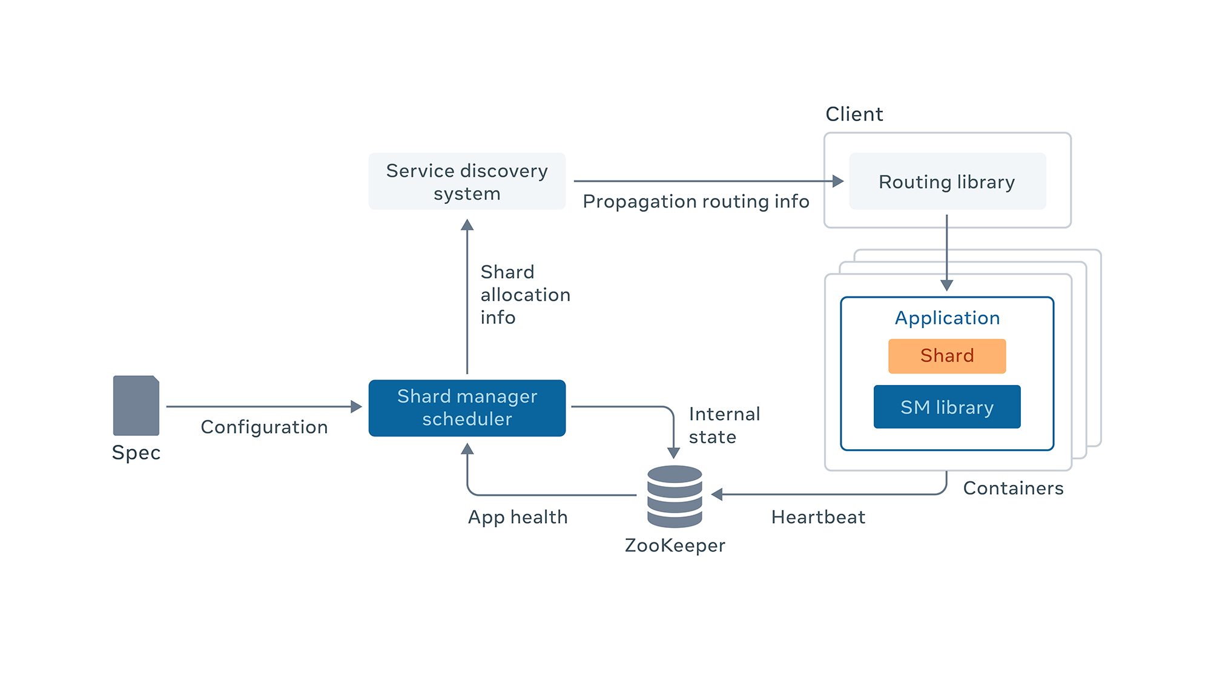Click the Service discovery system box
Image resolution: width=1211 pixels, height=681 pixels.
point(467,182)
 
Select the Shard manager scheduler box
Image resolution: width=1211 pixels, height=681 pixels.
point(467,407)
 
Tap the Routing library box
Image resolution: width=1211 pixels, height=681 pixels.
point(947,182)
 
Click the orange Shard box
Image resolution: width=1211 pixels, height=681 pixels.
point(947,355)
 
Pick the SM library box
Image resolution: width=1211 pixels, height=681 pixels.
point(947,407)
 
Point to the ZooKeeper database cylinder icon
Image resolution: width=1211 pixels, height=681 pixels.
point(675,496)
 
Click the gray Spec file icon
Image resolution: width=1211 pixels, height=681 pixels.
point(136,406)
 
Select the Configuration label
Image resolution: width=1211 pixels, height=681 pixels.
point(264,427)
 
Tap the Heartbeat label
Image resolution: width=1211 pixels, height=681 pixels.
point(818,517)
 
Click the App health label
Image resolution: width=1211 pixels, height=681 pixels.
point(518,517)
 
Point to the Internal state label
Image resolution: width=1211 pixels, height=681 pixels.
point(724,425)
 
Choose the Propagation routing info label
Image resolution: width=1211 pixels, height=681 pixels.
point(696,201)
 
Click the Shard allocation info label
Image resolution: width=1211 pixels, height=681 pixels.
point(525,294)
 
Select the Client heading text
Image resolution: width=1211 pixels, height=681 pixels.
point(854,114)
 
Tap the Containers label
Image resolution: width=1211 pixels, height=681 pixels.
point(1013,488)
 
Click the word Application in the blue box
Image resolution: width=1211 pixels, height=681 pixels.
point(947,318)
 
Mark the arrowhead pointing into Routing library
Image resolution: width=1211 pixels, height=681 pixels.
point(838,181)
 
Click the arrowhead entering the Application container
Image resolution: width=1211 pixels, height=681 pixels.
point(947,285)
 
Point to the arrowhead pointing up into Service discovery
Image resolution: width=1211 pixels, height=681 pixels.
point(467,225)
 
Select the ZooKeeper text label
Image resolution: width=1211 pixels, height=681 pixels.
point(675,545)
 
